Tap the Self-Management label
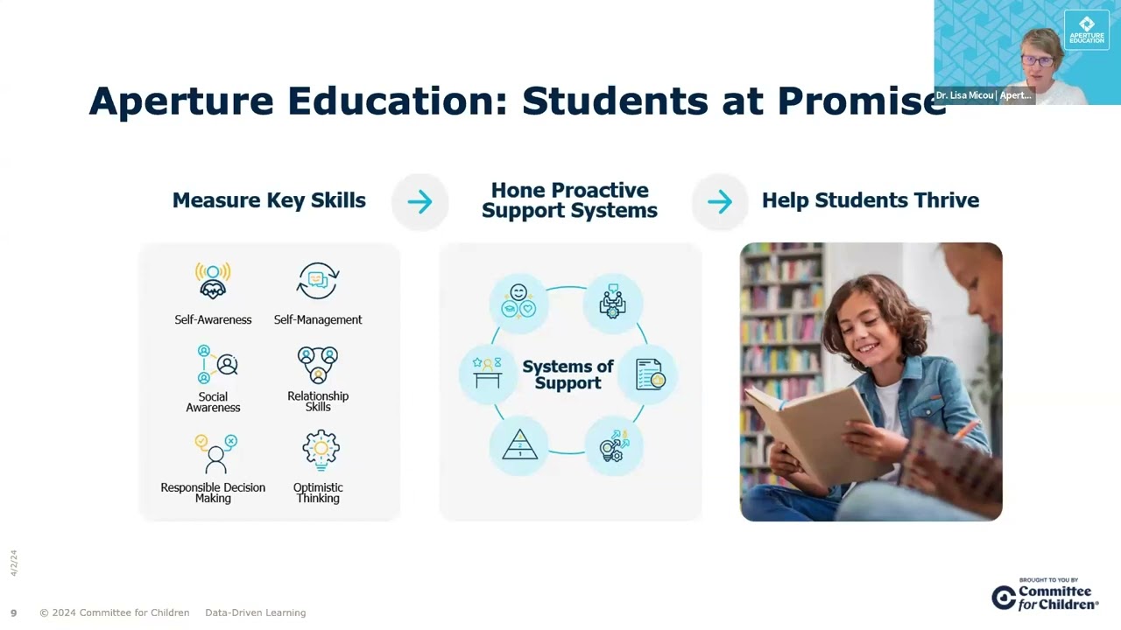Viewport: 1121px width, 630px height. coord(318,320)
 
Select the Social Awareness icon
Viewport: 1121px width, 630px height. coord(216,364)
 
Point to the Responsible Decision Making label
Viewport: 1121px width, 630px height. coord(213,493)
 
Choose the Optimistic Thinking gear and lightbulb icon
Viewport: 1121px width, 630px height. coord(321,450)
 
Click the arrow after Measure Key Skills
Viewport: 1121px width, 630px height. coord(420,202)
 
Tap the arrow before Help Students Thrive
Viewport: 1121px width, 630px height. coord(720,202)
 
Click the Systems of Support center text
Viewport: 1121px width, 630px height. coord(568,374)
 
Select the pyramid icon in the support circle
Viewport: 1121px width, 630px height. coord(519,445)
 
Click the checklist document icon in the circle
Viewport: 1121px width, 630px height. coord(649,374)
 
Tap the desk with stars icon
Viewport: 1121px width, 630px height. coord(487,373)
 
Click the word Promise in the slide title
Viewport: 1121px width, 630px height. coord(862,101)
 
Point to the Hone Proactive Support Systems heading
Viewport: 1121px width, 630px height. coord(569,200)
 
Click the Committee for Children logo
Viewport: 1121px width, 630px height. coord(1046,597)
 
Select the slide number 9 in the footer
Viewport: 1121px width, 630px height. coord(13,612)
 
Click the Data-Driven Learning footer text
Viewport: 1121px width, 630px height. coord(255,612)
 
